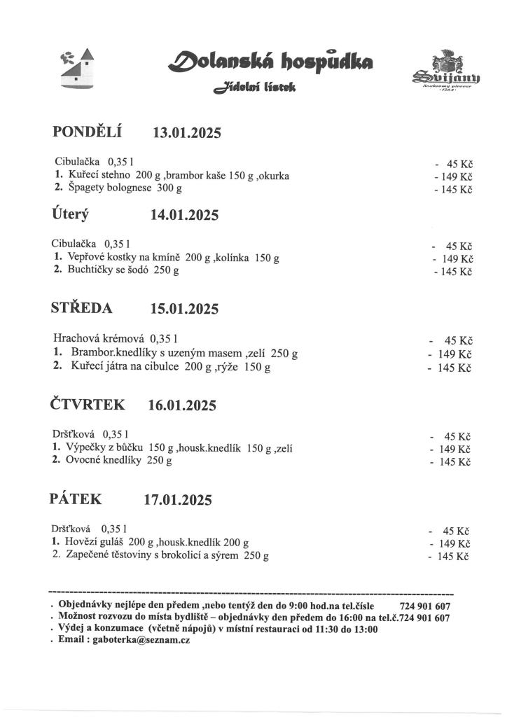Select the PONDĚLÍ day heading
point(88,131)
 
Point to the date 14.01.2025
point(185,216)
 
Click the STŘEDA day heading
point(81,307)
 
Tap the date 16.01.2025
point(183,405)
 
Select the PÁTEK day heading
point(76,499)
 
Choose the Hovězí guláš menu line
point(151,542)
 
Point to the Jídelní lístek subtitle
point(256,88)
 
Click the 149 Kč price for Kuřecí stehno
point(454,176)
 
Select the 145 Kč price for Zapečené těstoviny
point(450,557)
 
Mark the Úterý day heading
point(71,214)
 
